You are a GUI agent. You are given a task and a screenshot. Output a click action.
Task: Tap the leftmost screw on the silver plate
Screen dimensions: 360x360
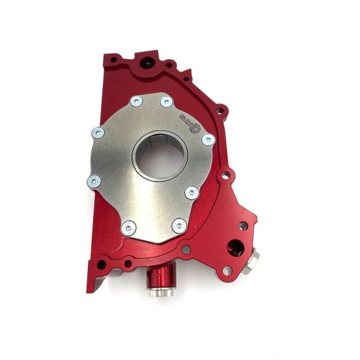(93, 178)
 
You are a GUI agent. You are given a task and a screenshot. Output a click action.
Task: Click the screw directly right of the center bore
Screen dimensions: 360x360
(207, 139)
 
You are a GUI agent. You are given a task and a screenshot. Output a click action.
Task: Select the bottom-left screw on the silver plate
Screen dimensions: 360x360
(129, 227)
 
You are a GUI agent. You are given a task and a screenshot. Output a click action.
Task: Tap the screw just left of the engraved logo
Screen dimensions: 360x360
(167, 102)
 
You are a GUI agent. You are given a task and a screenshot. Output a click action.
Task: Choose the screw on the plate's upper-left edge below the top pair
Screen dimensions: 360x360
(97, 132)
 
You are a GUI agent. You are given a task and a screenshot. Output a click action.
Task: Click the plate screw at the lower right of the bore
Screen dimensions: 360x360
(191, 193)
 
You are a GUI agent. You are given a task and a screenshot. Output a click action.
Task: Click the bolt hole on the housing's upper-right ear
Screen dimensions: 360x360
(221, 111)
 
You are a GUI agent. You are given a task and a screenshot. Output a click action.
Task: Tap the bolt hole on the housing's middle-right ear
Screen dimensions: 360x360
(227, 175)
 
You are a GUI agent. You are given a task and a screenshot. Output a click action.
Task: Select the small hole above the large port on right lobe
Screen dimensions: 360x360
(243, 226)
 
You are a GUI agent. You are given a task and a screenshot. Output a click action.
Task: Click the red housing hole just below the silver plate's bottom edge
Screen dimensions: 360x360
(187, 249)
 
